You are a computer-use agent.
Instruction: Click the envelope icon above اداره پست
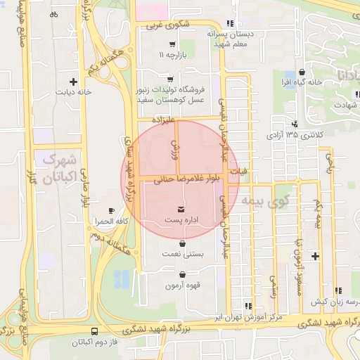181,210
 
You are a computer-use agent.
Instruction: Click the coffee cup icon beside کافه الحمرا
111,210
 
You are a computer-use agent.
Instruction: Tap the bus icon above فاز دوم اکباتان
95,331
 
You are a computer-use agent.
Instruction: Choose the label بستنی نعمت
181,253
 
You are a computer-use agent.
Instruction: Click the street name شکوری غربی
167,25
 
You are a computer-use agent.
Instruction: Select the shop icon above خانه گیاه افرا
302,72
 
